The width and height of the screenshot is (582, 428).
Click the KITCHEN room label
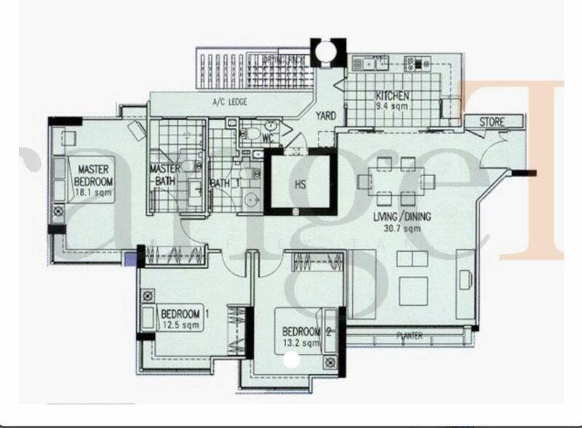[x=393, y=96]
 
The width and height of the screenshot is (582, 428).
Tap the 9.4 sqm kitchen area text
[x=393, y=106]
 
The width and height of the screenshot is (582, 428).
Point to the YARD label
[x=325, y=116]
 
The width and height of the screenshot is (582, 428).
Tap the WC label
[x=267, y=136]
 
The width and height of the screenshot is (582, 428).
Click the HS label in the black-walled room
[x=299, y=185]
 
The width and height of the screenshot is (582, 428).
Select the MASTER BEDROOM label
[x=95, y=175]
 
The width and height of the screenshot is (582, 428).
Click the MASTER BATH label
[x=164, y=175]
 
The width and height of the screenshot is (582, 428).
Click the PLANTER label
[x=409, y=336]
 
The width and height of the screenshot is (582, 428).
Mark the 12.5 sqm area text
[x=180, y=326]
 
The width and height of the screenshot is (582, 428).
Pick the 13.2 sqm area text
[x=300, y=343]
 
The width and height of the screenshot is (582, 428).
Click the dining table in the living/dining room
[x=398, y=181]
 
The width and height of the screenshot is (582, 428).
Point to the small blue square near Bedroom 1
[x=131, y=258]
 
